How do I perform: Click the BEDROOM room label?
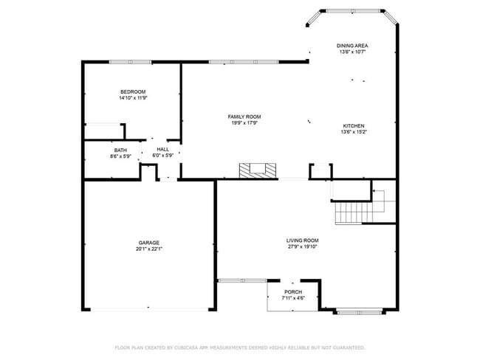pos(133,91)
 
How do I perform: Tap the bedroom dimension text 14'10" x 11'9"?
pos(133,98)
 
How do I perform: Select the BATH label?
pos(120,150)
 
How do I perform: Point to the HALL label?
pos(162,150)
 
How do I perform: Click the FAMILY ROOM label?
pos(244,117)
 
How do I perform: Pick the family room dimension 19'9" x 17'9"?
pos(244,123)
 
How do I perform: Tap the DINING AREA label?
pos(353,46)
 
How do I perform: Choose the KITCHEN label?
pos(353,125)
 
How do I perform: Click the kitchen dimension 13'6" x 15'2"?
pos(353,132)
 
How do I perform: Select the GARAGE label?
pos(148,243)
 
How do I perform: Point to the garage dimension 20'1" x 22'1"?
pos(148,249)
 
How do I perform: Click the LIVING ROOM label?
pos(302,240)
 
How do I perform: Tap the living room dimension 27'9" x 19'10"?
pos(302,246)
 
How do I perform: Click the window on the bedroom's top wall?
pos(130,62)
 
